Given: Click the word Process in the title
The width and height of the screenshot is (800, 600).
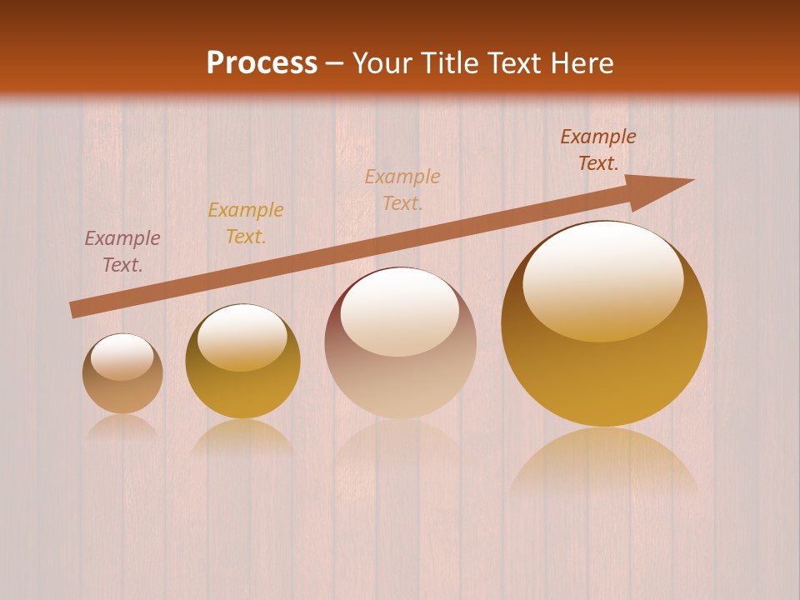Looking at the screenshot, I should click(262, 63).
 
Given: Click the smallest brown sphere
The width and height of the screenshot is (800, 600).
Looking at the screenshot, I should click(122, 374).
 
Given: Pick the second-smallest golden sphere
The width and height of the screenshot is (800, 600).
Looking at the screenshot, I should click(242, 362).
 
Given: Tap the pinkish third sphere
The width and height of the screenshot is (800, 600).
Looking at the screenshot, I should click(400, 342).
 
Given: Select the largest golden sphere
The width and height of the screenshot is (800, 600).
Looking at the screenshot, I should click(604, 323).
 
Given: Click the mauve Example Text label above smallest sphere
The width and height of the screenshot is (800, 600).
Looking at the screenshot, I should click(122, 252).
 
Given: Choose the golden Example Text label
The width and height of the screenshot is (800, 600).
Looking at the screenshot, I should click(246, 223).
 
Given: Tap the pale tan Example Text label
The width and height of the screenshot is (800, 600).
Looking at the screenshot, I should click(402, 189).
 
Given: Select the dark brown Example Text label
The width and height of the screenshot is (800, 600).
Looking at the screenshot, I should click(597, 150).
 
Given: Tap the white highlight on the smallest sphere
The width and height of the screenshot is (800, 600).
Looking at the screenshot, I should click(122, 357).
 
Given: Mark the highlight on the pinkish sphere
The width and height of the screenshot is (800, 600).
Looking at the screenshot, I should click(400, 313).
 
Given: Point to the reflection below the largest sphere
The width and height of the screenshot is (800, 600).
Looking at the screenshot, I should click(604, 462).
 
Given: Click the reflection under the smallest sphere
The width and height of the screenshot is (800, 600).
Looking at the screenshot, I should click(122, 427).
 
